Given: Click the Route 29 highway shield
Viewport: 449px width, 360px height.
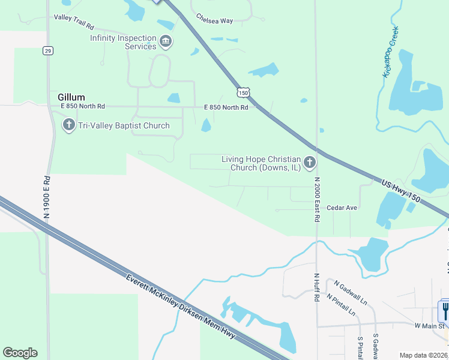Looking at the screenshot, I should click(x=47, y=51).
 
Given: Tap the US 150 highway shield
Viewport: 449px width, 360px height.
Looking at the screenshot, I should click(x=243, y=92).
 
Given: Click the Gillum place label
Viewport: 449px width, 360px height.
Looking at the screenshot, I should click(x=71, y=97).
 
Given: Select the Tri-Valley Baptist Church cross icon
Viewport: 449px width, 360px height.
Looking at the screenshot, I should click(x=68, y=125).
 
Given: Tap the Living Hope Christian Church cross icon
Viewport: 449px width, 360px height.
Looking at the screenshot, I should click(x=309, y=162).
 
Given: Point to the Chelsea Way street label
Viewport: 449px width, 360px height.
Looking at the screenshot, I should click(x=214, y=20).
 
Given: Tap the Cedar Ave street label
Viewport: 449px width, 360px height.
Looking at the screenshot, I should click(x=342, y=208).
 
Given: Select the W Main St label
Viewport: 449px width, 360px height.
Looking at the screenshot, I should click(x=429, y=326).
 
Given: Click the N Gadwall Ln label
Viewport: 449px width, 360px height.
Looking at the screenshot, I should click(x=351, y=292).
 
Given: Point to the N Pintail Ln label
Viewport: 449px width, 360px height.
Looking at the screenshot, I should click(x=341, y=305).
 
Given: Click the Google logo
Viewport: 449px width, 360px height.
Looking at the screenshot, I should click(x=20, y=353).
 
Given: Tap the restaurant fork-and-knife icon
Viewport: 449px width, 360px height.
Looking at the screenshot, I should click(x=445, y=310).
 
